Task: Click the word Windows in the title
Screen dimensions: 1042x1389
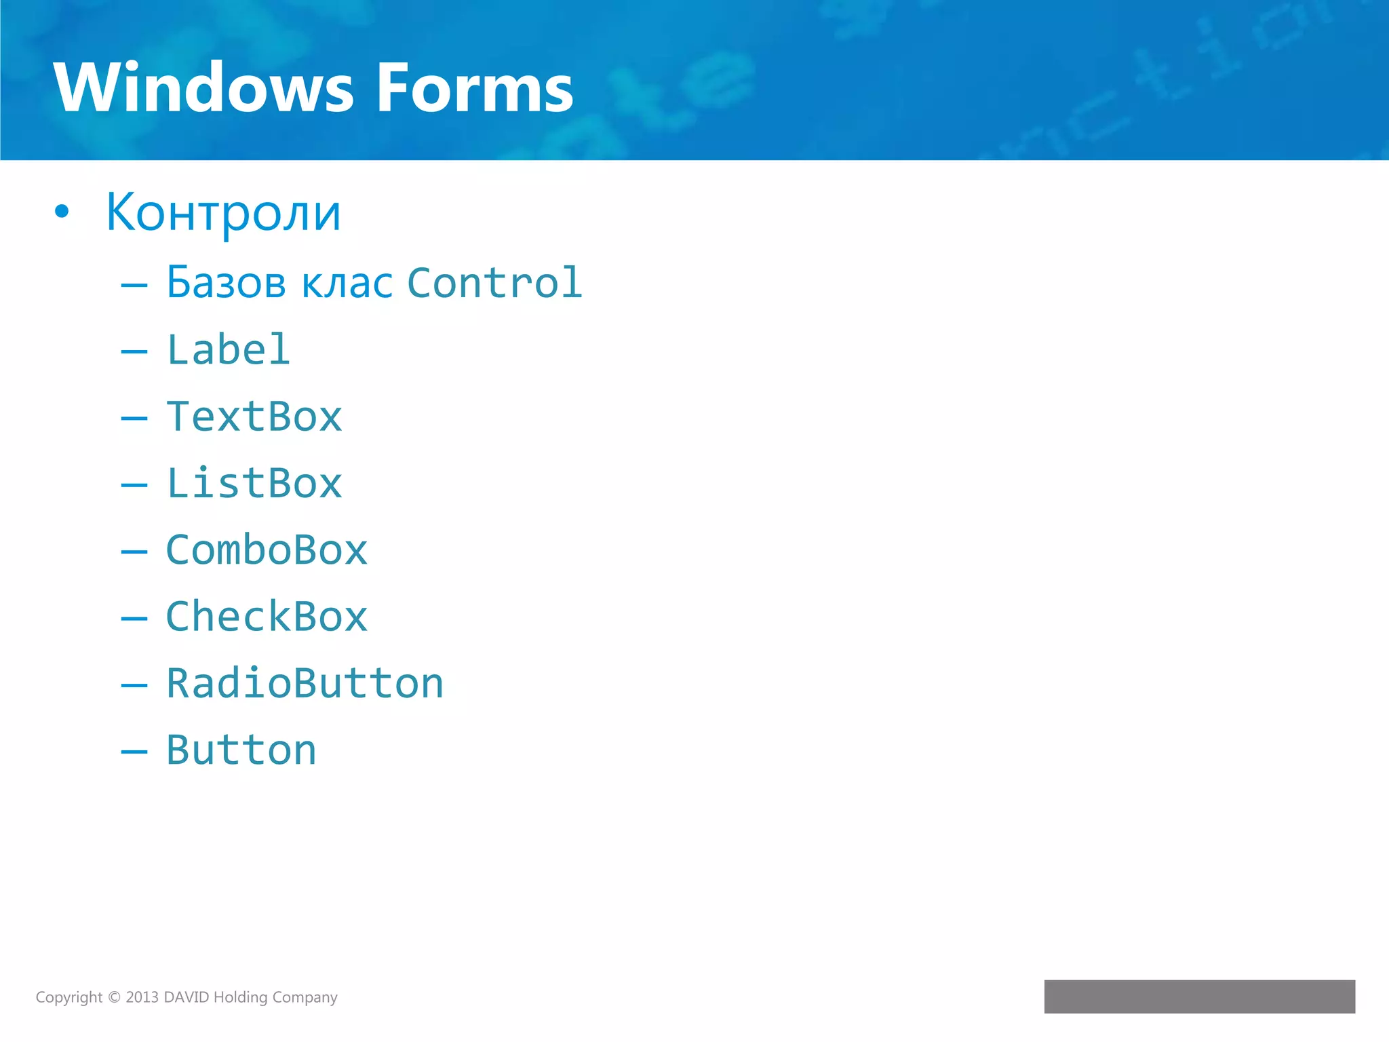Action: point(203,88)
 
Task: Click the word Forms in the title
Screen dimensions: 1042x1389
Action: point(475,88)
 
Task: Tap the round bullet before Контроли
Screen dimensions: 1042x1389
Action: point(62,212)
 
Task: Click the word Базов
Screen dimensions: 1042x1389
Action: point(226,283)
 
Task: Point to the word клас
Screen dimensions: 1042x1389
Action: point(347,284)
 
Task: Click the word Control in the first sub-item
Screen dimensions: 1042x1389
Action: point(494,283)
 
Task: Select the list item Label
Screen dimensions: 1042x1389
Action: point(229,350)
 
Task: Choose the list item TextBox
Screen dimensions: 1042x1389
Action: point(254,417)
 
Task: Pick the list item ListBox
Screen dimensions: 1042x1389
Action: point(254,484)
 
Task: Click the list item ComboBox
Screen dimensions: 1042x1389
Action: point(267,550)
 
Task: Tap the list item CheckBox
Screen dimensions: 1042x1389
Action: point(267,617)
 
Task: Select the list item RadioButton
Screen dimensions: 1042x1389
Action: point(305,683)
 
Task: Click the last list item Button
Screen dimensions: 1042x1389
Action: point(241,750)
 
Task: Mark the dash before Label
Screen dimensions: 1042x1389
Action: point(134,351)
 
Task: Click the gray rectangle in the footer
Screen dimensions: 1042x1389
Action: point(1199,996)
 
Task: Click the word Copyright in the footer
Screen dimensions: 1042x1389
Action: point(69,997)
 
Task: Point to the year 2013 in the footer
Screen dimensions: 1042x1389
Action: point(142,997)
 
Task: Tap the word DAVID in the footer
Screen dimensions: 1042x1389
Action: point(187,997)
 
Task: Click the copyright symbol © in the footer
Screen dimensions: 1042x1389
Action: point(114,997)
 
